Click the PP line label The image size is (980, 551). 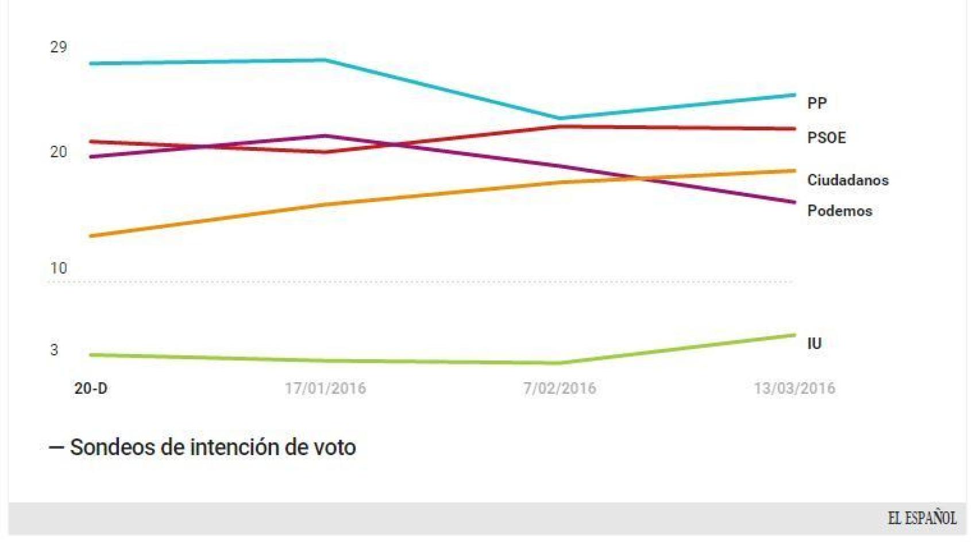[817, 103]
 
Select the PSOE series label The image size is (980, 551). [826, 138]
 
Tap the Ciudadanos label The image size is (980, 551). [847, 180]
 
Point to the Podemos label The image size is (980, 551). [839, 211]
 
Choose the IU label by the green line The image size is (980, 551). [814, 343]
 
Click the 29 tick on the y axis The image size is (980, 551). [58, 47]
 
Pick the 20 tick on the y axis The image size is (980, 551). [58, 152]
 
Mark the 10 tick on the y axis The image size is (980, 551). [58, 268]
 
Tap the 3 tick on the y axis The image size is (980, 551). [54, 350]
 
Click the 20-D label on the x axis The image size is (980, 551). [91, 389]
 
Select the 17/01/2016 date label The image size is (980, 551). [325, 389]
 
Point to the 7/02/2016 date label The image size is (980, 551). [560, 389]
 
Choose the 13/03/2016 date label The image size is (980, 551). [794, 389]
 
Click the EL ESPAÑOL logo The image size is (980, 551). [922, 518]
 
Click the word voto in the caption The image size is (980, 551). [334, 447]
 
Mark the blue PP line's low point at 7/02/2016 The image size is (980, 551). [560, 118]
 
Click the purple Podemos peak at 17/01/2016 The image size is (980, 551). [325, 136]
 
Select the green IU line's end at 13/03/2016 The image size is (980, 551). [794, 335]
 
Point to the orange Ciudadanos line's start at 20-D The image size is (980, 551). [92, 236]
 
